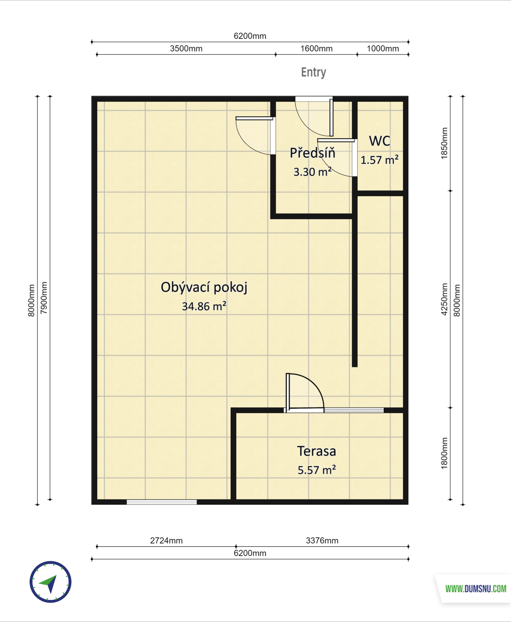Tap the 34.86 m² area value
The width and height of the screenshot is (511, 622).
pos(204,306)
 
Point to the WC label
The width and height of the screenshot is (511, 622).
pos(380,141)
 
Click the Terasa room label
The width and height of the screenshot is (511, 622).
pos(317,451)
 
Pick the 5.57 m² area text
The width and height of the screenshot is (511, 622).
pos(317,470)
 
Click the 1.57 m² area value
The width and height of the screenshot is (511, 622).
pos(379,160)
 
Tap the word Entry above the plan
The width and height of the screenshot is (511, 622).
pos(314,72)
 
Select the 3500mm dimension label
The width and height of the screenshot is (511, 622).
pos(186,49)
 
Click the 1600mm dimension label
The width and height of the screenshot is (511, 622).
pos(317,49)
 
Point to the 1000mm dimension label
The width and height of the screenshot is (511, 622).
pos(383,49)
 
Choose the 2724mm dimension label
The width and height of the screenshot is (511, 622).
pos(167,541)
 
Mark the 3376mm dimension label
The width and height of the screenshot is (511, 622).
pos(322,541)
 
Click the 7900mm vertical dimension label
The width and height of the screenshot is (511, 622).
pos(44,298)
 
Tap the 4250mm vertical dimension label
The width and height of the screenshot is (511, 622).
pos(444,299)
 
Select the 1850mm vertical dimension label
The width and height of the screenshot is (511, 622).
pos(444,143)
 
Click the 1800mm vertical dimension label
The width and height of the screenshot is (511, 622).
pos(444,453)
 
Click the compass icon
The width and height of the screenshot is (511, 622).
pos(51,582)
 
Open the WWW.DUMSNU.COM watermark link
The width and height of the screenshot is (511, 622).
pos(476,589)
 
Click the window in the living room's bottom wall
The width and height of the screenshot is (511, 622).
pos(162,502)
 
